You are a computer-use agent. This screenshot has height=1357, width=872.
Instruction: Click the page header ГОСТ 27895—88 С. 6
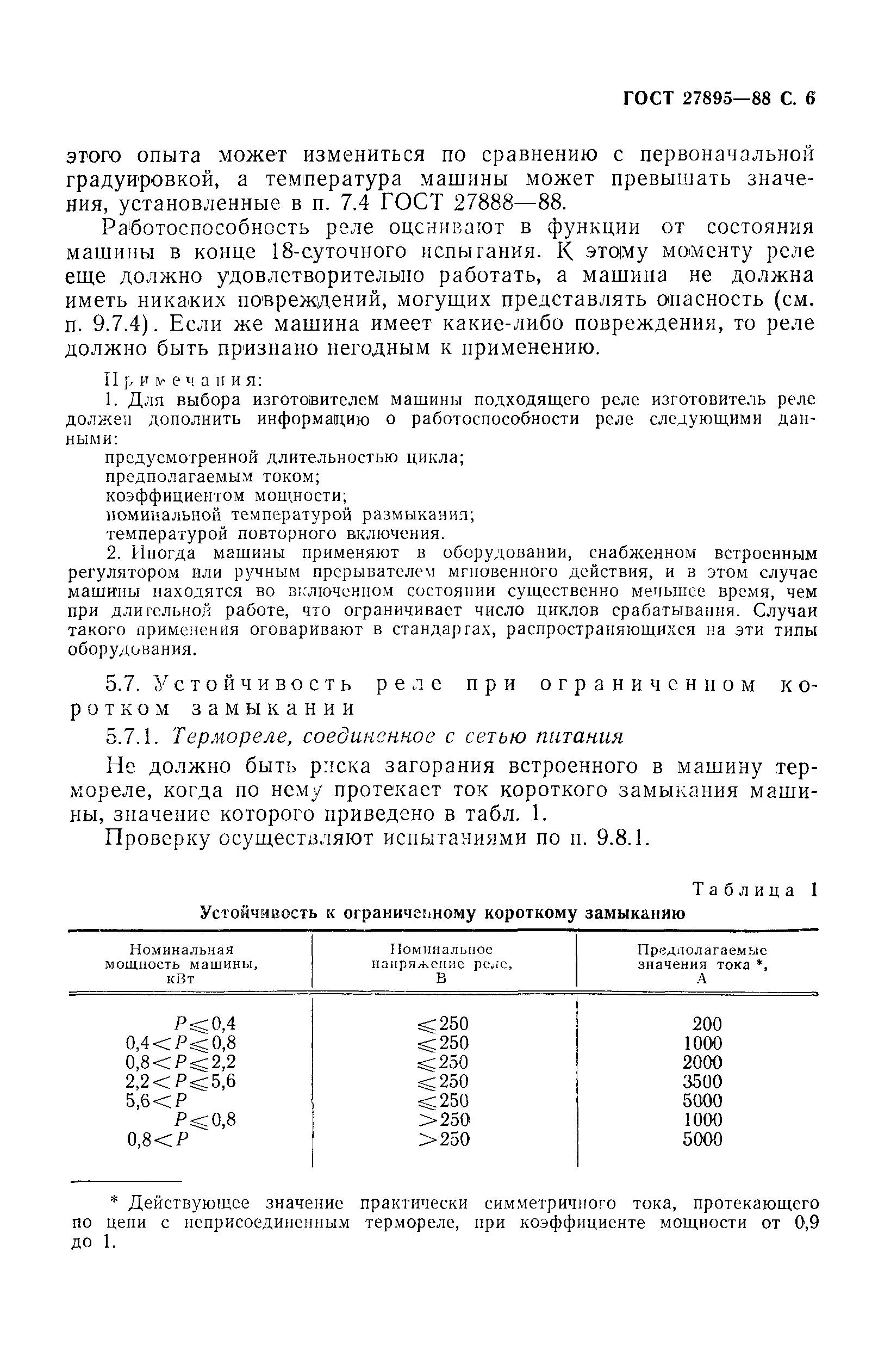point(718,98)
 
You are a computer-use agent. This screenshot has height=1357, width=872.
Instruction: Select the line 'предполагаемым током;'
point(214,476)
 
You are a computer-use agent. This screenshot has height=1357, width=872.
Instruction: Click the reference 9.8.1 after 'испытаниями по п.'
point(621,839)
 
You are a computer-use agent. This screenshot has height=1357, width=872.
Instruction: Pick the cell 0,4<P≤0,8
point(180,1043)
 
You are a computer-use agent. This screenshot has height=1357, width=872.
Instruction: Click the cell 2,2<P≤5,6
point(180,1082)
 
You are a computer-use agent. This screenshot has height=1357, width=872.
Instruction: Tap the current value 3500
point(702,1082)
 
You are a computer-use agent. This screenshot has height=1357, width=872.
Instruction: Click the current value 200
point(707,1024)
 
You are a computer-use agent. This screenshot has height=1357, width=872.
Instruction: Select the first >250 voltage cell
point(445,1120)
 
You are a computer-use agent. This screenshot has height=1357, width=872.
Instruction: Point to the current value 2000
point(702,1063)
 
